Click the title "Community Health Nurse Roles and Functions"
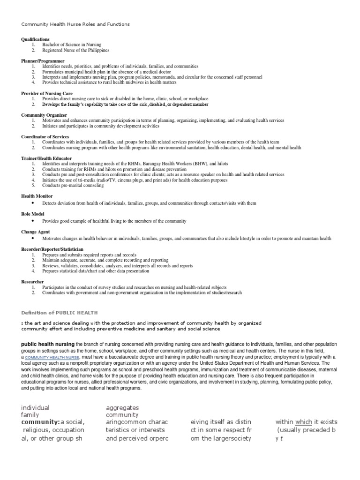click(x=75, y=24)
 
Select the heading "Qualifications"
click(x=35, y=39)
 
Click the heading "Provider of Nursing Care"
click(x=47, y=93)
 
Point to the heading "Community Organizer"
click(x=43, y=115)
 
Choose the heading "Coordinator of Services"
click(x=45, y=136)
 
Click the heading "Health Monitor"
click(x=37, y=196)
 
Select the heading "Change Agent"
click(x=35, y=232)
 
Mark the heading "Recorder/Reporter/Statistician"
click(x=54, y=249)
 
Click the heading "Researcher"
click(x=33, y=282)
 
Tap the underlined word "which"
click(x=304, y=422)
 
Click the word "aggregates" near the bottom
click(x=122, y=408)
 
